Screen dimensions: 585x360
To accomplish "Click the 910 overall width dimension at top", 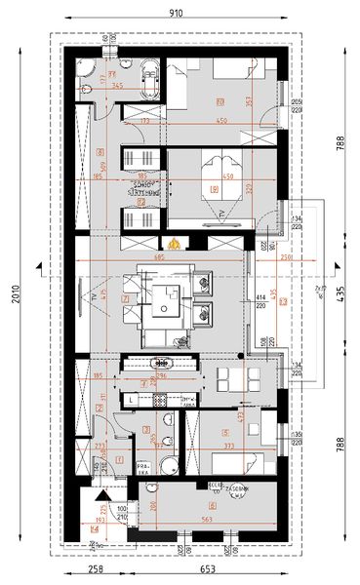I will pyautogui.click(x=176, y=14).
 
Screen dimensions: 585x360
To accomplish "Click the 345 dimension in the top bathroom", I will pyautogui.click(x=117, y=86).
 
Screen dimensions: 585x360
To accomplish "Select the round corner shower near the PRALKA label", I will pyautogui.click(x=170, y=465).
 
